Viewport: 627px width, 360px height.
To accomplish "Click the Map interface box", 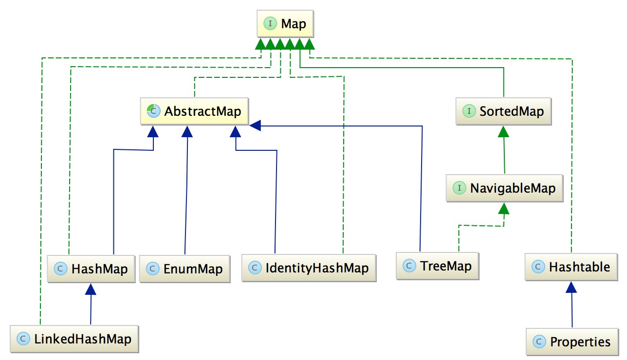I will point(285,23).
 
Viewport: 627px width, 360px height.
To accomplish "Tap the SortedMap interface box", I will point(504,111).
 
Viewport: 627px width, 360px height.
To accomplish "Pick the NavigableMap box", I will point(504,188).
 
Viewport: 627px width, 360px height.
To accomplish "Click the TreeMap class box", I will point(437,266).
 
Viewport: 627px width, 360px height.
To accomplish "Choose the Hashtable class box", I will point(572,267).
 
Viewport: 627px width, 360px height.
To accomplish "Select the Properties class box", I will point(572,342).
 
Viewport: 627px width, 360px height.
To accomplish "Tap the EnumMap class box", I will point(185,268).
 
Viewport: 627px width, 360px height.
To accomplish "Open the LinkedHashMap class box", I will point(74,339).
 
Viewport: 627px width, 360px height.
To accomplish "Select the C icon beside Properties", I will point(539,342).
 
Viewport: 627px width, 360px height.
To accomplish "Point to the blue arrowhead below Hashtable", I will point(571,287).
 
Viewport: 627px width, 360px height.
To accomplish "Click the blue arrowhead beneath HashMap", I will point(90,289).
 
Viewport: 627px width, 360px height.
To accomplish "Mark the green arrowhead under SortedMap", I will point(504,131).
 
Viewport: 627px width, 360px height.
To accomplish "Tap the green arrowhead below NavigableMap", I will point(504,208).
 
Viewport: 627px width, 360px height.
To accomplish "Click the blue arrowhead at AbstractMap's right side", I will point(256,126).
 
